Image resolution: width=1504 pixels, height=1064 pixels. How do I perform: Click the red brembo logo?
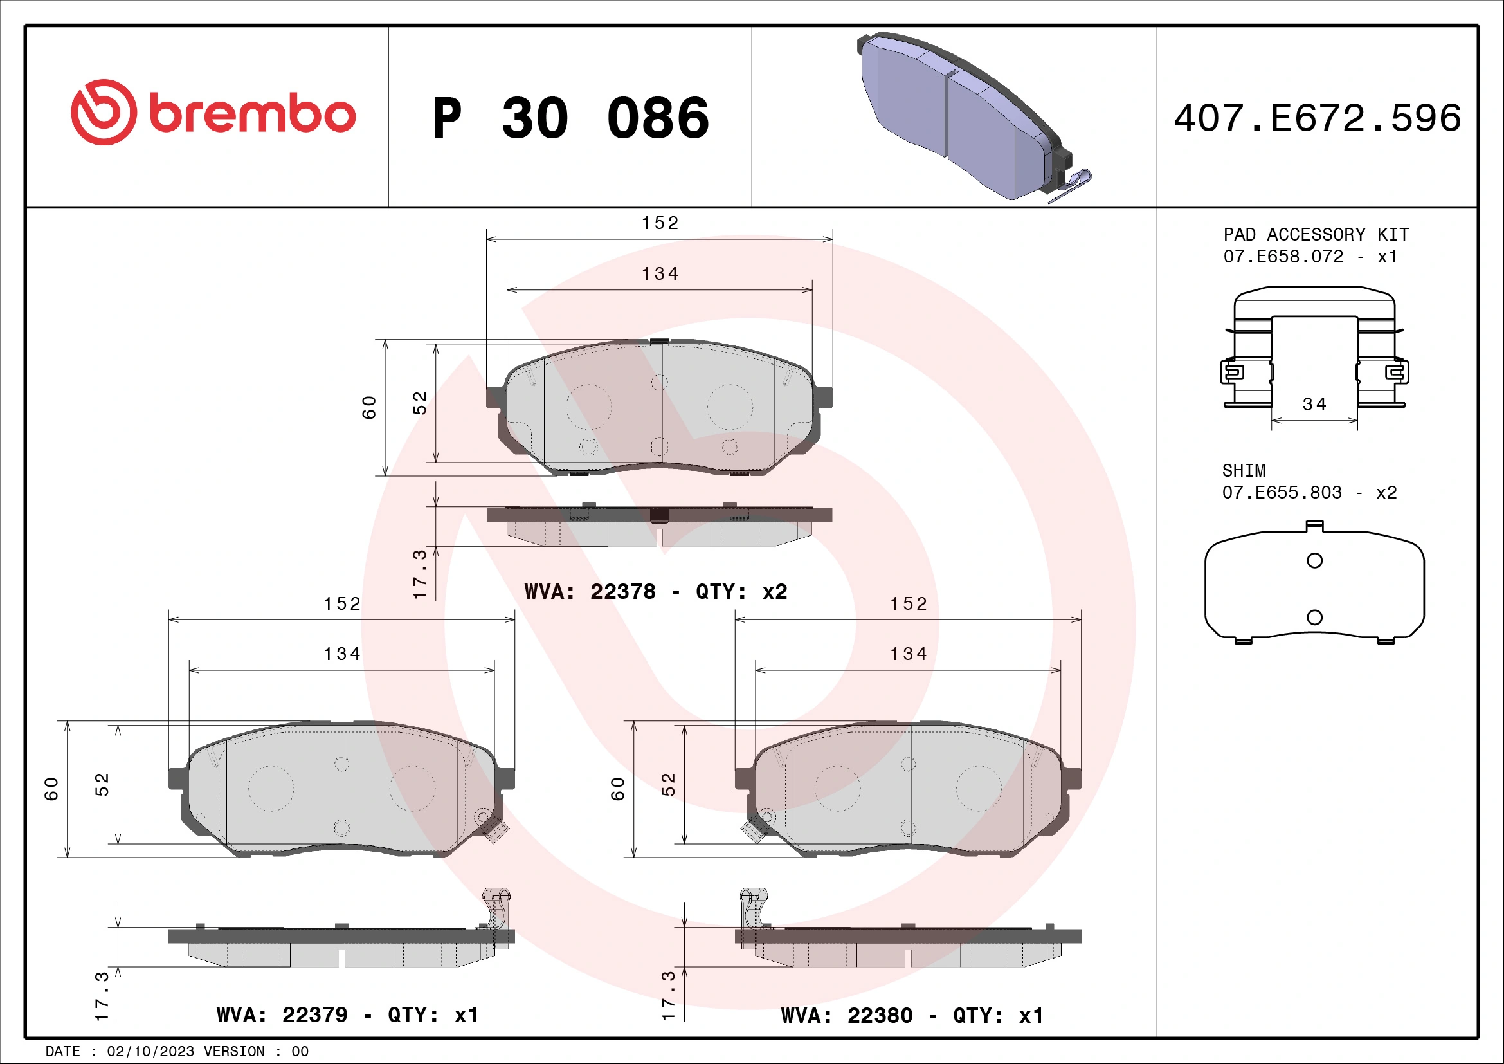pyautogui.click(x=213, y=113)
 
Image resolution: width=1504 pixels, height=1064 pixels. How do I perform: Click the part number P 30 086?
pyautogui.click(x=570, y=118)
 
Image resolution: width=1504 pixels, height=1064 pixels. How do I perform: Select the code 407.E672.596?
pyautogui.click(x=1318, y=118)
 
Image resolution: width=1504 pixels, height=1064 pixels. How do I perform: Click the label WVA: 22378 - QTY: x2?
pyautogui.click(x=656, y=592)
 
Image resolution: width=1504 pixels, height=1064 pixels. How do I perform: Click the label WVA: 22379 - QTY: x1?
pyautogui.click(x=347, y=1015)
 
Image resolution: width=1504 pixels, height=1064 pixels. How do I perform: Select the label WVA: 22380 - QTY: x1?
pyautogui.click(x=912, y=1016)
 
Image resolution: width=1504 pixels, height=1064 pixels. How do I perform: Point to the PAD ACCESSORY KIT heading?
pyautogui.click(x=1316, y=235)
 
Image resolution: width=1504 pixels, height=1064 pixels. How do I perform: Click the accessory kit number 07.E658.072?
pyautogui.click(x=1283, y=257)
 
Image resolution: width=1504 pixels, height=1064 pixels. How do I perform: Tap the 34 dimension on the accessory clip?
pyautogui.click(x=1314, y=404)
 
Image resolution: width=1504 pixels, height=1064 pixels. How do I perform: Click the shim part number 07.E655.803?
pyautogui.click(x=1282, y=493)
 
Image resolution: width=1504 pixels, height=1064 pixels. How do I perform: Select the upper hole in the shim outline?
pyautogui.click(x=1314, y=561)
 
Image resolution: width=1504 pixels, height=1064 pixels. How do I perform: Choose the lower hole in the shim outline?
pyautogui.click(x=1314, y=617)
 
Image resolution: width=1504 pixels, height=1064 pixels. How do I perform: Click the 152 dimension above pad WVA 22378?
pyautogui.click(x=660, y=223)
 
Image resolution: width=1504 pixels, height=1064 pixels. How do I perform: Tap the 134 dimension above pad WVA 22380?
pyautogui.click(x=908, y=654)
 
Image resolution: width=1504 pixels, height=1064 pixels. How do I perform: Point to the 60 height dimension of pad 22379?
pyautogui.click(x=51, y=789)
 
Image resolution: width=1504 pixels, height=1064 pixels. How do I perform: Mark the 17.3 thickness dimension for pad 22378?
pyautogui.click(x=420, y=574)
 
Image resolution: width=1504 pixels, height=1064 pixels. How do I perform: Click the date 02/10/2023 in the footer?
pyautogui.click(x=150, y=1052)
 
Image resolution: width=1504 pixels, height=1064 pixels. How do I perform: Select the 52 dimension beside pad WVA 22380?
pyautogui.click(x=668, y=784)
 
